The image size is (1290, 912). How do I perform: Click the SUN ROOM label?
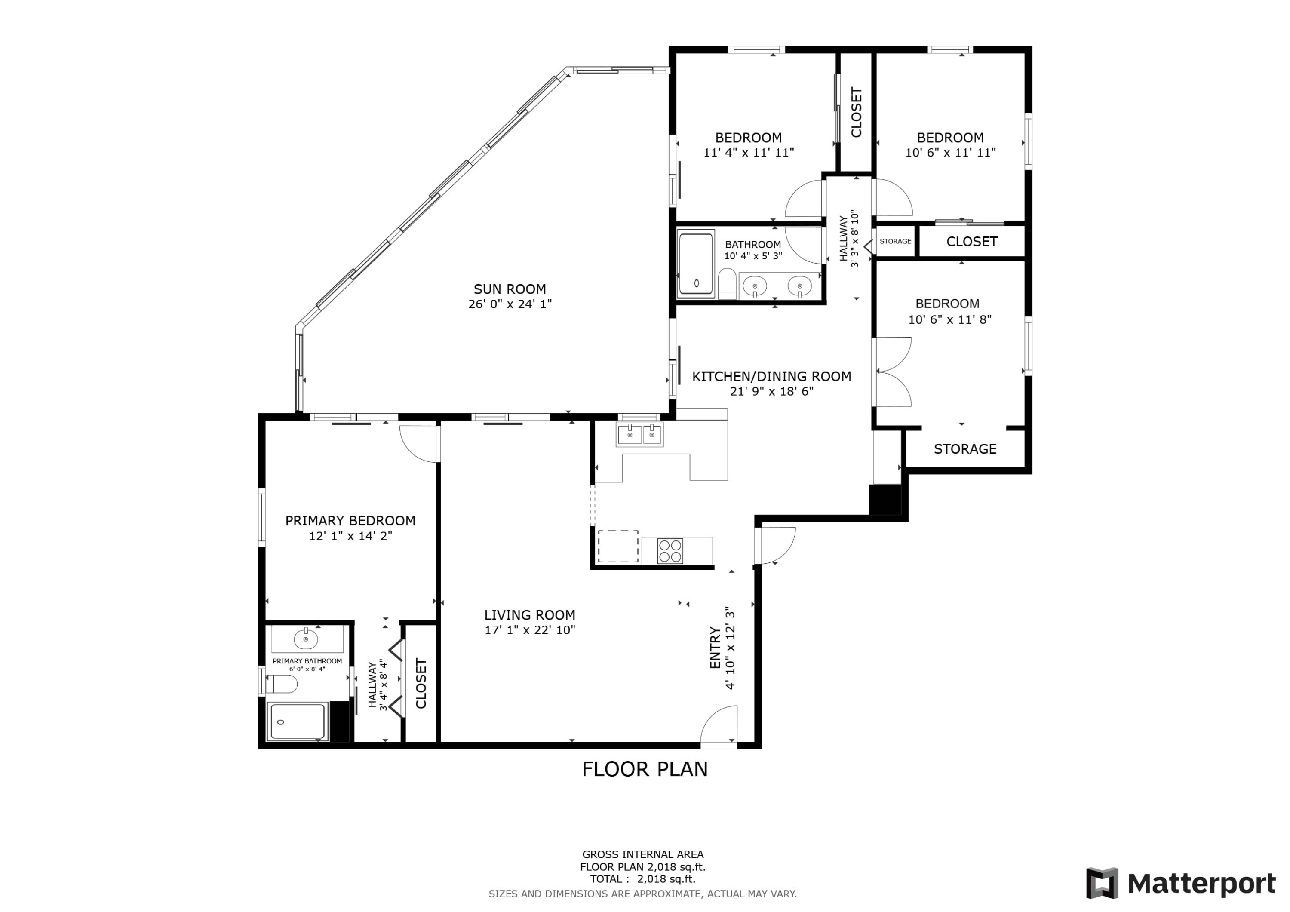(x=510, y=289)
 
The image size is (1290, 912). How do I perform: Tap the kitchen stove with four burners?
(x=670, y=551)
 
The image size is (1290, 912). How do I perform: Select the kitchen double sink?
(x=639, y=434)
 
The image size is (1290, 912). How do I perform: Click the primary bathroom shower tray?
(x=297, y=722)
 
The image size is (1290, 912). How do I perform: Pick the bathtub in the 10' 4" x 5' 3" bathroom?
(x=696, y=264)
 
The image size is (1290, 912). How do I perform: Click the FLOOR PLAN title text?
(x=645, y=769)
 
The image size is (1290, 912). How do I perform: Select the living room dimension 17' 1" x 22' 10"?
(x=530, y=630)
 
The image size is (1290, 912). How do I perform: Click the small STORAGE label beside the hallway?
(x=895, y=241)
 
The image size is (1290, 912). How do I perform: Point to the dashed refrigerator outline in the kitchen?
(x=617, y=546)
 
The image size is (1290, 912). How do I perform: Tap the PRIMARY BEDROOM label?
(x=350, y=520)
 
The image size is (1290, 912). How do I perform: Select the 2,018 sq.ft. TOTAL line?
(x=642, y=879)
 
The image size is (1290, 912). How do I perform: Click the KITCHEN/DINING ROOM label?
(x=771, y=377)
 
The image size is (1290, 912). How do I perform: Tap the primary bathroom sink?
(x=306, y=639)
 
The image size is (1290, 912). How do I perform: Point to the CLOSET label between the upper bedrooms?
(x=856, y=112)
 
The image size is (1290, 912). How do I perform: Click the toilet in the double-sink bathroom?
(x=727, y=283)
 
